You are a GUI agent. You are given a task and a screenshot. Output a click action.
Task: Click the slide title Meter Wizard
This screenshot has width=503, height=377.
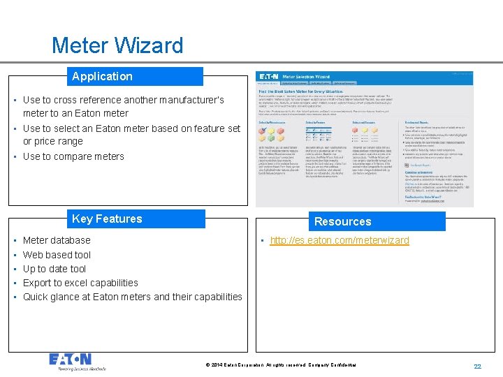tap(117, 46)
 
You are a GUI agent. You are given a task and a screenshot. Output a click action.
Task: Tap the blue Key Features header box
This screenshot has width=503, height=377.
tap(136, 219)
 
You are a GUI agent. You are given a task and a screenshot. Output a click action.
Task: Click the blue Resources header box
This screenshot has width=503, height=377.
tap(377, 221)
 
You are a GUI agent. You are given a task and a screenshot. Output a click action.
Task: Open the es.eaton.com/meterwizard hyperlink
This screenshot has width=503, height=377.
tap(340, 241)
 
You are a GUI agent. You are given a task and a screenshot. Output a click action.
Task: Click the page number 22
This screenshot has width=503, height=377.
tap(478, 367)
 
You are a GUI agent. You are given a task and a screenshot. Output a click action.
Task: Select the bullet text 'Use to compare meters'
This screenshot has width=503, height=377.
tap(73, 156)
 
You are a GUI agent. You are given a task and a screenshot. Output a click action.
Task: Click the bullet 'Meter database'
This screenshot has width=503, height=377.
tap(57, 240)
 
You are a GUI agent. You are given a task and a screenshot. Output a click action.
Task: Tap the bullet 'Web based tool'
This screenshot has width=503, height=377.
tap(57, 255)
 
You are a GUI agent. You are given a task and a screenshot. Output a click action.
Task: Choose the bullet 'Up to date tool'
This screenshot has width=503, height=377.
tap(54, 269)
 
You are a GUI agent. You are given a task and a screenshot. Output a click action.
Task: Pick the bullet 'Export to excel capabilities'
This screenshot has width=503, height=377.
tap(80, 283)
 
